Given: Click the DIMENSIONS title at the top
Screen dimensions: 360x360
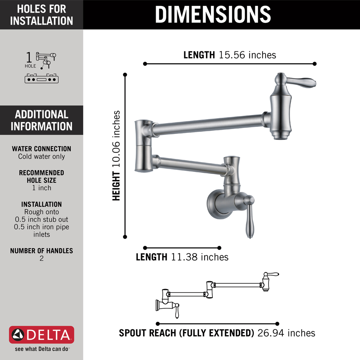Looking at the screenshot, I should (x=213, y=14).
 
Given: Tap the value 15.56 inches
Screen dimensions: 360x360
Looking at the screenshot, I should (x=247, y=55).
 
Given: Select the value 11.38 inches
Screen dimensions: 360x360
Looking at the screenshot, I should (x=200, y=257).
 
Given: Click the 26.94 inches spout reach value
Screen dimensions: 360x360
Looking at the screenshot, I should (x=286, y=333).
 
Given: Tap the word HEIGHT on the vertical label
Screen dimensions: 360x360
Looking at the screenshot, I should (x=116, y=186).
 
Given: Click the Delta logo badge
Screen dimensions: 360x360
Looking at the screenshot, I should (x=41, y=335).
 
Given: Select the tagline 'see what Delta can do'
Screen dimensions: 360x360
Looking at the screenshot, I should (x=41, y=349).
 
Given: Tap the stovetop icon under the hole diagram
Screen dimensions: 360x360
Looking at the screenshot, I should (x=41, y=79).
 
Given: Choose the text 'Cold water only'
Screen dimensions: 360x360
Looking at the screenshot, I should (x=41, y=156).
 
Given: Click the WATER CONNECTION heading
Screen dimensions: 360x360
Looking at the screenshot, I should (x=41, y=149).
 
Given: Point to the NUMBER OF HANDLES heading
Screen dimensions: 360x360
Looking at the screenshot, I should (x=41, y=251).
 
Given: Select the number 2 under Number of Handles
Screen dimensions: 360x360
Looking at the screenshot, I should (x=41, y=258).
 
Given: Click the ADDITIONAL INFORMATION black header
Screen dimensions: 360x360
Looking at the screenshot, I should (x=41, y=120).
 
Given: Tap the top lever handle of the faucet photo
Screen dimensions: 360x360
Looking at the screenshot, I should (x=301, y=82).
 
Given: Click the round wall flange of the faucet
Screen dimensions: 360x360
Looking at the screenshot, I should (x=215, y=204).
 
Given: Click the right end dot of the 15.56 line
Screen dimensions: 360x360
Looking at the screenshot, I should (x=315, y=64).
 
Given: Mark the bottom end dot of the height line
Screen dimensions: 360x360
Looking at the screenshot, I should (x=125, y=237).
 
